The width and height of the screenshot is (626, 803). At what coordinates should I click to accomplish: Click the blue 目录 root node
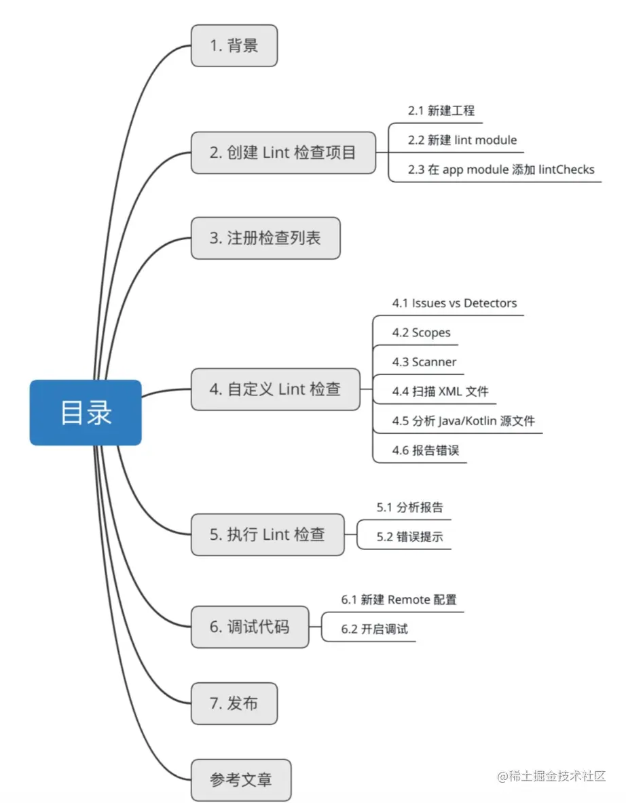coord(86,412)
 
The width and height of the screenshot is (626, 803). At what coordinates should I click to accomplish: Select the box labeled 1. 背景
coord(234,46)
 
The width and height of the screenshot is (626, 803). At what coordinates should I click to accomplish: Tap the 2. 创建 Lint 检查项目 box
coord(283,153)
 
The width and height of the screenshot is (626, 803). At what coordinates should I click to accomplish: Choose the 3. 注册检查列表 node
coord(265,238)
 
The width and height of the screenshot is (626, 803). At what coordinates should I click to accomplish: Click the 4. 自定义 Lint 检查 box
coord(275,389)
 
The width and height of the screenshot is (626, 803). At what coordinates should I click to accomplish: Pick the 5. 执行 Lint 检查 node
coord(268,534)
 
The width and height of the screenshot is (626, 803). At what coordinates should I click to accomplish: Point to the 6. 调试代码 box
coord(249,627)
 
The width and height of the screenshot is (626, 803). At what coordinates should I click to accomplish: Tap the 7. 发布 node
coord(234,703)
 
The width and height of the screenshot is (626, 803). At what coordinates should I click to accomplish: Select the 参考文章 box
coord(241,780)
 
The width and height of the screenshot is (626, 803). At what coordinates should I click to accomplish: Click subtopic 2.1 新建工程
coord(441,111)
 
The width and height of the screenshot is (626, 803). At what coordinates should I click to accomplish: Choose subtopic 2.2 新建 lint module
coord(462,140)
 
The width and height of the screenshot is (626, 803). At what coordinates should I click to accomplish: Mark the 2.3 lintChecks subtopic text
coord(500,170)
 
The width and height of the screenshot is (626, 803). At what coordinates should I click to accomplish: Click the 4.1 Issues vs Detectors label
coord(454,303)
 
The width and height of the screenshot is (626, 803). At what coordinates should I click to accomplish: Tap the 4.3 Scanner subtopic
coord(424,362)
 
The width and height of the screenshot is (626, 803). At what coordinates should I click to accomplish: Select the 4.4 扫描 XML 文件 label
coord(440,391)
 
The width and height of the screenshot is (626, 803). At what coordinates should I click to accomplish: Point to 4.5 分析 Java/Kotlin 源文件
coord(463,421)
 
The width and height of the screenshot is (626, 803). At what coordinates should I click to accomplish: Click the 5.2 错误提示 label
coord(409,536)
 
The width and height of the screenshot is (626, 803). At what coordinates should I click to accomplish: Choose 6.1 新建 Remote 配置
coord(399,600)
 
